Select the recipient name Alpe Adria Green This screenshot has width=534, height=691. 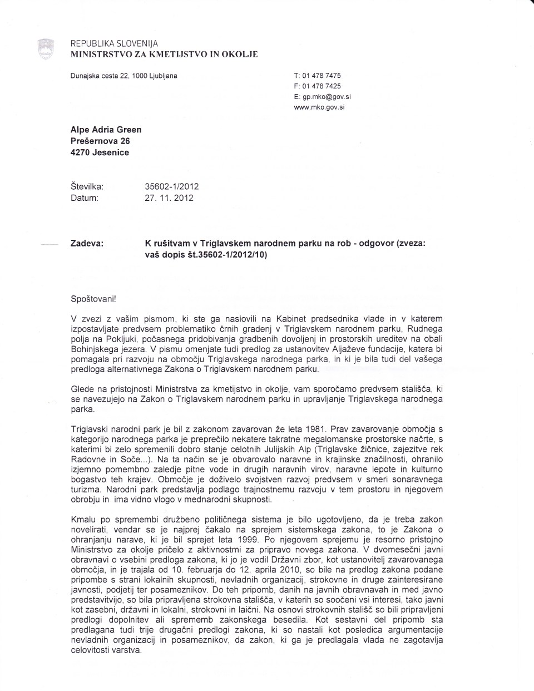click(106, 130)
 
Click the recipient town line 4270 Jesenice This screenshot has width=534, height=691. click(100, 152)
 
